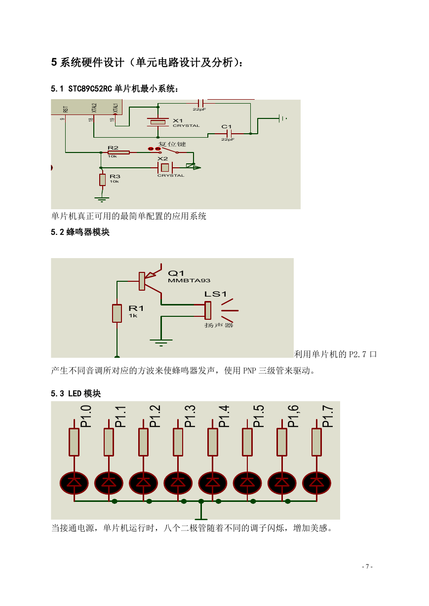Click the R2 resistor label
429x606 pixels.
[x=113, y=148]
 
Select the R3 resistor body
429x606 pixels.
[x=102, y=180]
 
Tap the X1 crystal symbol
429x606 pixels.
[x=158, y=122]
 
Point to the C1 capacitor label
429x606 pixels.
[x=226, y=127]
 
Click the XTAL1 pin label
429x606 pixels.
[x=116, y=108]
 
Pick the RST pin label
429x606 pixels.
[x=66, y=109]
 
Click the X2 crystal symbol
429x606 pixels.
[x=164, y=168]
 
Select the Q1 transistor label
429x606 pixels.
[x=176, y=273]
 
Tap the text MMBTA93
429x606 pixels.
[x=189, y=280]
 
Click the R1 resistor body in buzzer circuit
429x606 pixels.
[x=117, y=313]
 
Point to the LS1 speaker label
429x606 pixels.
[x=215, y=294]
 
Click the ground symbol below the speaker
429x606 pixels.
[x=161, y=342]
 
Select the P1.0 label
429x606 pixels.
[x=86, y=416]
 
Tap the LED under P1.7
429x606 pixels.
[x=316, y=483]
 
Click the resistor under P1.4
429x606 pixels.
[x=213, y=442]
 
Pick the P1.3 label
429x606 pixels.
[x=190, y=416]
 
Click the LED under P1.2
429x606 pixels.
[x=143, y=483]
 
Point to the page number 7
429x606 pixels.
[x=367, y=566]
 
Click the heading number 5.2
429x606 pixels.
[x=57, y=232]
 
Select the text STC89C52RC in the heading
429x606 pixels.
[x=90, y=88]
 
